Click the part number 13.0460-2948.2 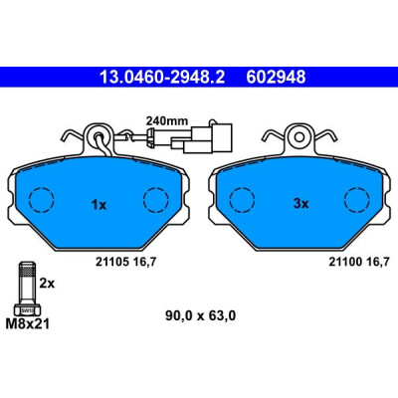pos(162,78)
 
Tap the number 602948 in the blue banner pos(276,78)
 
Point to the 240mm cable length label pos(167,120)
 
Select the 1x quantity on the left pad pos(99,205)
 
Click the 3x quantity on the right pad pos(300,204)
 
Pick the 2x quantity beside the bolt pos(47,284)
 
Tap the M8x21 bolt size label pos(28,323)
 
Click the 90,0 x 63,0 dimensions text pos(200,315)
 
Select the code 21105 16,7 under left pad pos(125,262)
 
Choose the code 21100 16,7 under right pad pos(358,262)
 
